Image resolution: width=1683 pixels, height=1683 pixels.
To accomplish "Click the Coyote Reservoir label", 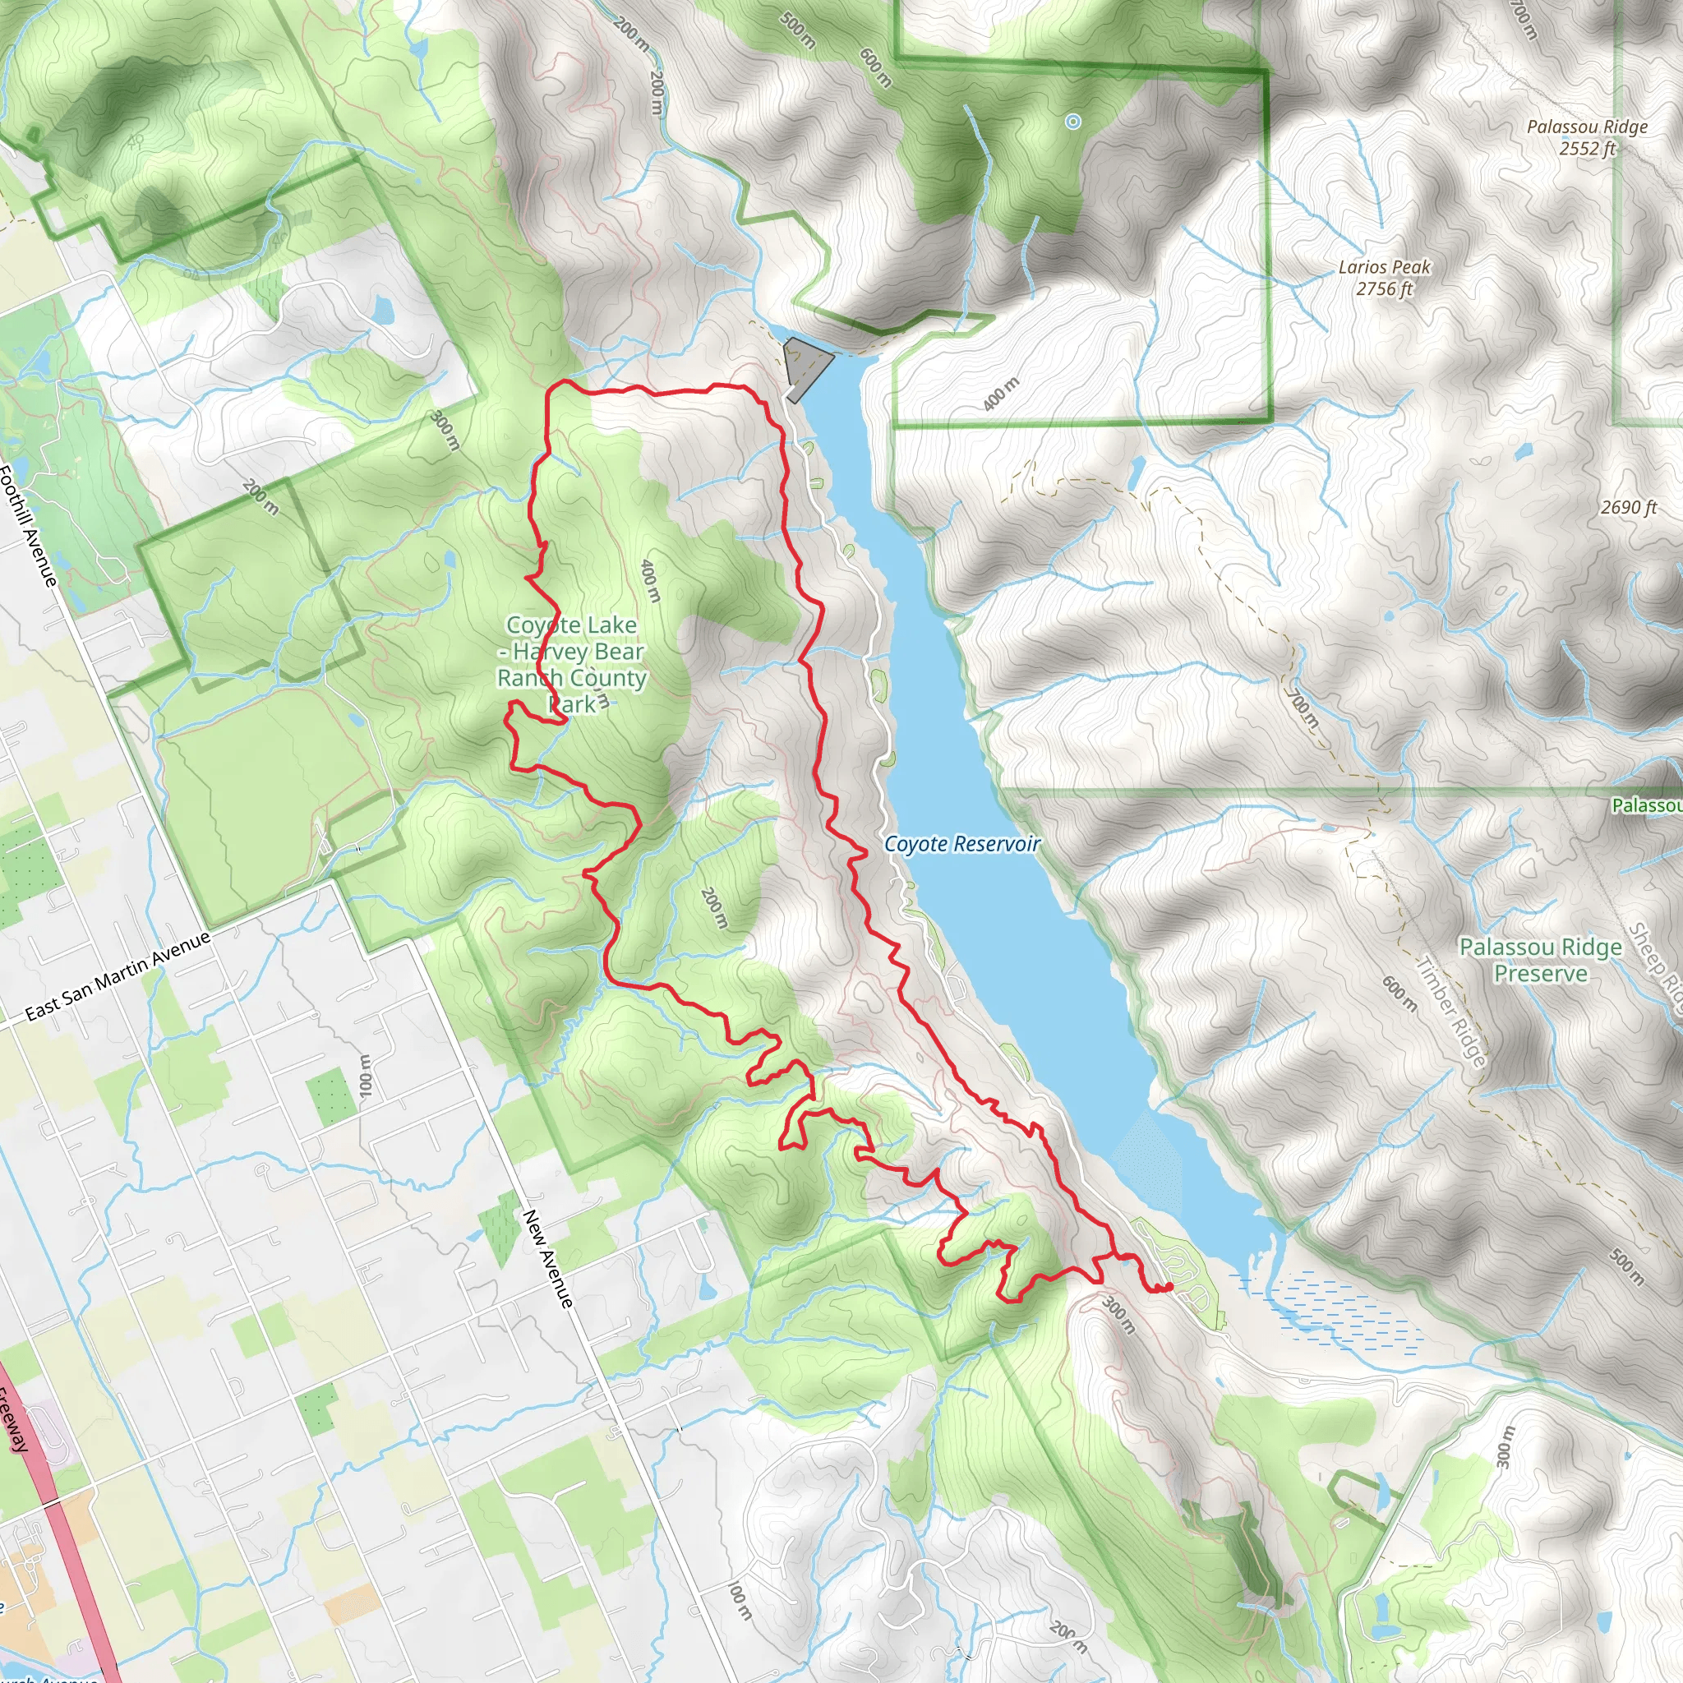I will click(961, 843).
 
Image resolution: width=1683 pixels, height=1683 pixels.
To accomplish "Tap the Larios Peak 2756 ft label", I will click(1384, 278).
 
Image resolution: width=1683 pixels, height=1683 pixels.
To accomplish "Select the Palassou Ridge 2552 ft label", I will click(1586, 137).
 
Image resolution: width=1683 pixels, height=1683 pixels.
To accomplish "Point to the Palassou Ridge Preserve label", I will click(1540, 960).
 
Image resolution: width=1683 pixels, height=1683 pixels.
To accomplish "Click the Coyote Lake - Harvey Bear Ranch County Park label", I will click(571, 664).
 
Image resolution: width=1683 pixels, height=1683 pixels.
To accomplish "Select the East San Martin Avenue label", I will click(118, 976).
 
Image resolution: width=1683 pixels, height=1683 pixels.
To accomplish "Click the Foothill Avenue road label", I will click(28, 526).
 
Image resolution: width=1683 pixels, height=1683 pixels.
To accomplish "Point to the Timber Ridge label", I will click(1450, 1012).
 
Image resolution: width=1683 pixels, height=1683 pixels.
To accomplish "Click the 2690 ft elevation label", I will click(1627, 507).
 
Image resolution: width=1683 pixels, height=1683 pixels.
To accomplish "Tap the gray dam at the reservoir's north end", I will click(806, 366).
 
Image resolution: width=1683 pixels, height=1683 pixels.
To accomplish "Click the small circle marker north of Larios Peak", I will click(1073, 122).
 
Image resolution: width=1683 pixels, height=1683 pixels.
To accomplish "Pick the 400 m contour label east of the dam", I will click(1000, 394).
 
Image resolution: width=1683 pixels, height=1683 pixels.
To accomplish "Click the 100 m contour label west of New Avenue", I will click(365, 1075).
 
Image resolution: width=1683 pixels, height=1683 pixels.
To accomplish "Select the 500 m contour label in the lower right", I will click(1625, 1267).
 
